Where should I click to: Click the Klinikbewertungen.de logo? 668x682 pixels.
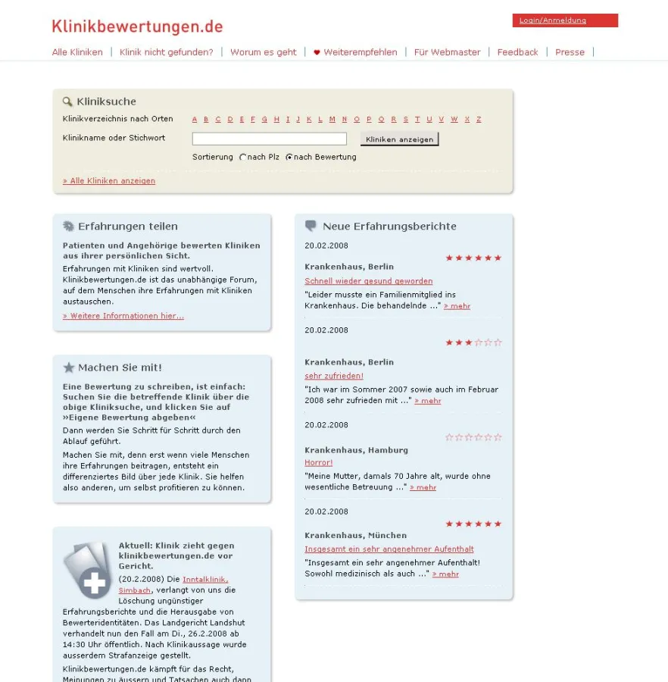point(137,27)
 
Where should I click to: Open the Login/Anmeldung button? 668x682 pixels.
point(564,20)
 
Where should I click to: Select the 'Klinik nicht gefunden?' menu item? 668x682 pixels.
point(167,52)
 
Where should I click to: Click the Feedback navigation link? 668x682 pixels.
point(517,52)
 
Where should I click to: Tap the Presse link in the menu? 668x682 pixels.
point(570,52)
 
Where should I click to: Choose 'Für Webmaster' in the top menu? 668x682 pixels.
point(447,52)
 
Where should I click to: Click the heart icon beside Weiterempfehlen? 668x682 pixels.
point(317,52)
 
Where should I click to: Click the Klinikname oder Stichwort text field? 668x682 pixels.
point(269,139)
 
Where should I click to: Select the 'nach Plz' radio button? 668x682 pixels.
point(243,158)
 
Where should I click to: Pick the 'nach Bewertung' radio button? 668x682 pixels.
point(289,158)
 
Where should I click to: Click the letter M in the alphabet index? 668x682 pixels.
point(332,119)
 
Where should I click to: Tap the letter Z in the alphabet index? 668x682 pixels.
point(479,119)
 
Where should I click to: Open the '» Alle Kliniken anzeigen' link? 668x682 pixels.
point(109,181)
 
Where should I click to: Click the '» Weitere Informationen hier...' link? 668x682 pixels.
point(123,316)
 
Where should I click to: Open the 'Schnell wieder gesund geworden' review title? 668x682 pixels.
point(369,281)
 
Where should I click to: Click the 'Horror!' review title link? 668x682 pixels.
point(318,462)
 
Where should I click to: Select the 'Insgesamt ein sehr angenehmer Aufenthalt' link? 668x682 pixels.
point(389,549)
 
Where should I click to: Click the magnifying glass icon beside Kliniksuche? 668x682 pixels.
point(67,101)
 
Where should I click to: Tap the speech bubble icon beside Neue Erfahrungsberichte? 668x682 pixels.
point(311,226)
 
